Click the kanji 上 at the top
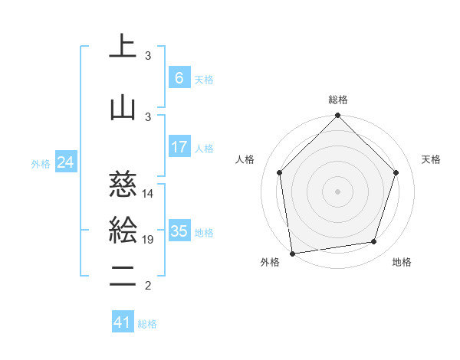(x=123, y=47)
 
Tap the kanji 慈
(x=123, y=184)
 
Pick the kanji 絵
(x=123, y=231)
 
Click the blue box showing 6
(x=179, y=77)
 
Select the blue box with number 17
(x=179, y=147)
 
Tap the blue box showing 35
(x=179, y=231)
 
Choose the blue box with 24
(x=65, y=162)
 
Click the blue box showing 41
(x=123, y=322)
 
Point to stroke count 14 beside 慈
(x=149, y=194)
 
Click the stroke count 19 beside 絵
(x=149, y=241)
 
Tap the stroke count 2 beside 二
(x=148, y=286)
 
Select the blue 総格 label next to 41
(x=147, y=324)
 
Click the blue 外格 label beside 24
(x=41, y=164)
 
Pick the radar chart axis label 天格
(x=431, y=159)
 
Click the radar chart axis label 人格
(x=245, y=159)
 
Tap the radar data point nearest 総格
(x=337, y=116)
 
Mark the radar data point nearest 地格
(x=374, y=242)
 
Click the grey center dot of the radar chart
(x=337, y=191)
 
